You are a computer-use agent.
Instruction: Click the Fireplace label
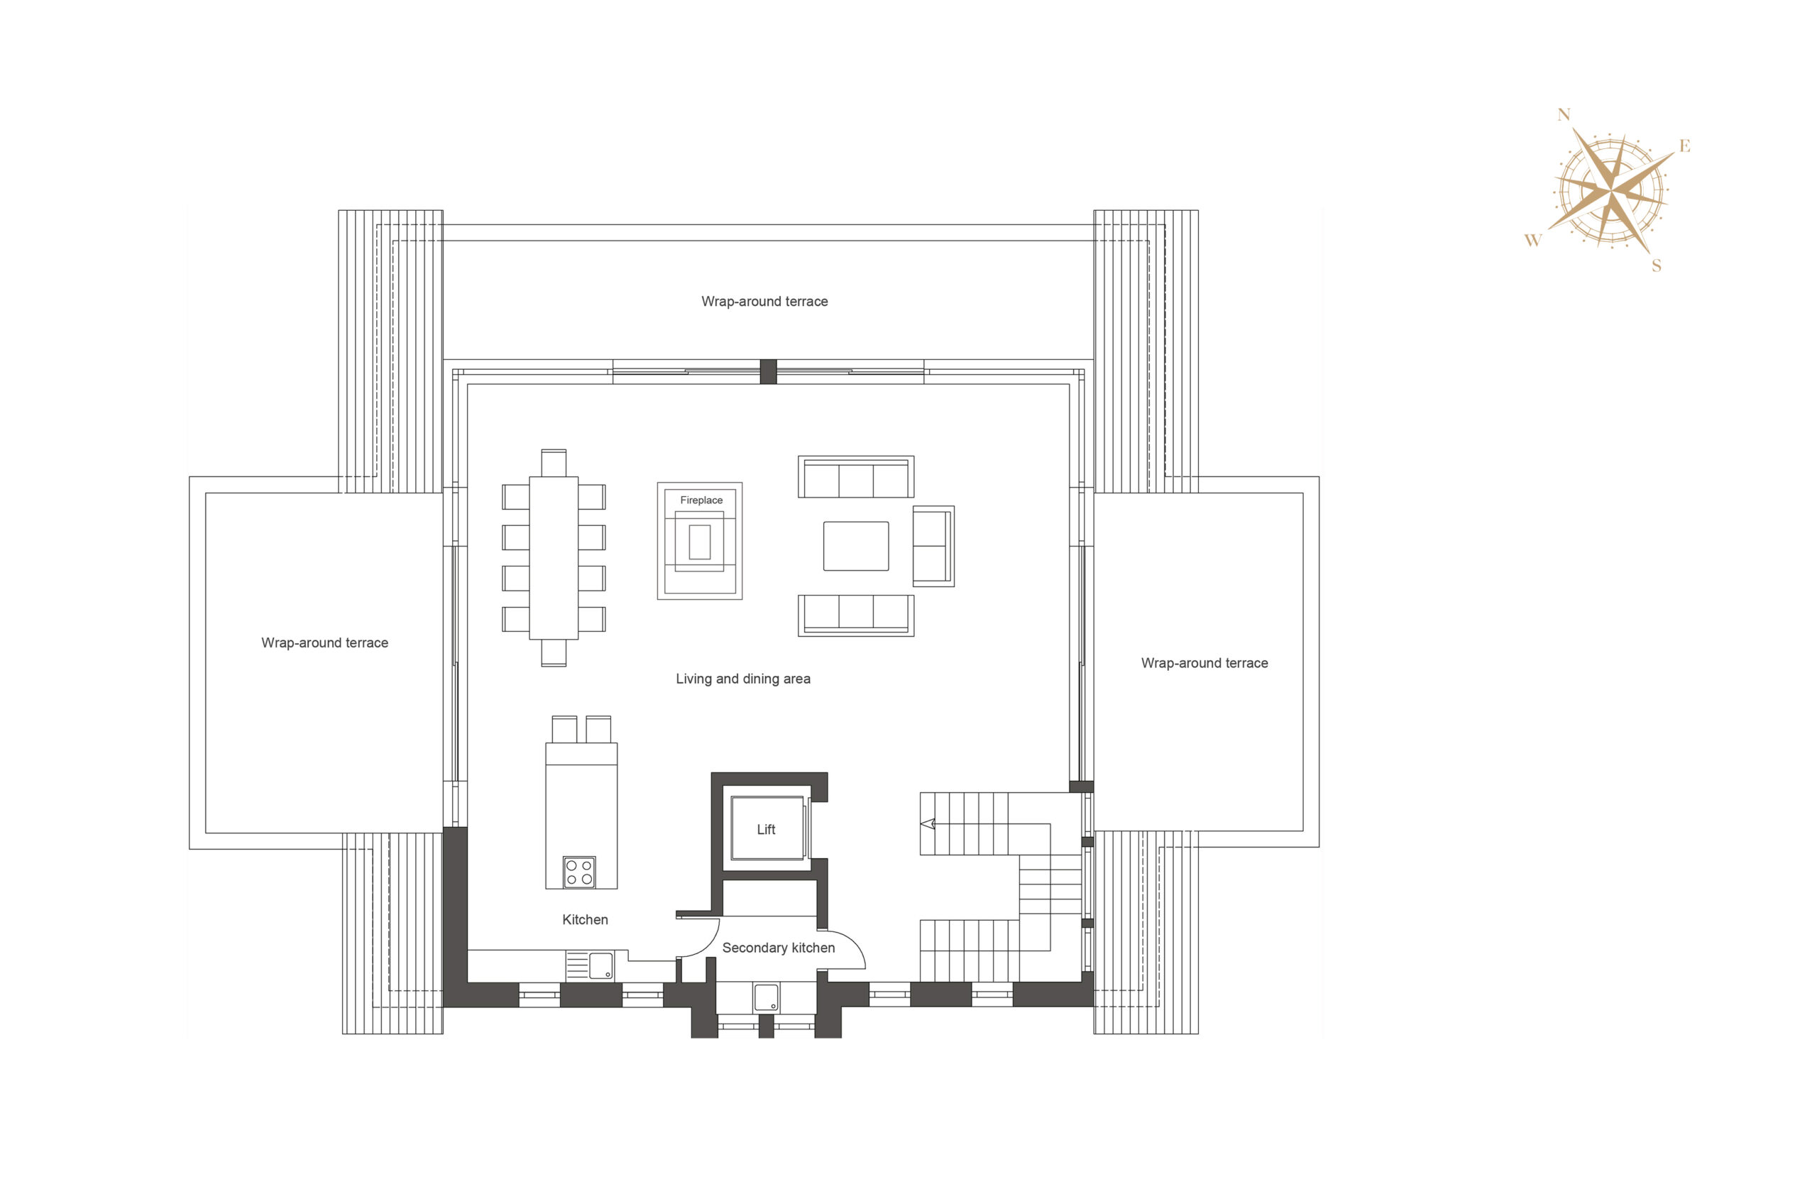[x=701, y=500]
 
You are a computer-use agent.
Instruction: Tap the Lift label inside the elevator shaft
[x=766, y=829]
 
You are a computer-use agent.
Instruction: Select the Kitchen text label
[x=585, y=919]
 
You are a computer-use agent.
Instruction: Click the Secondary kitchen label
[x=778, y=948]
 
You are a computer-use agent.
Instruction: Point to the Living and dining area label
[x=743, y=679]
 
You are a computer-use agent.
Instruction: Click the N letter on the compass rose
[x=1564, y=114]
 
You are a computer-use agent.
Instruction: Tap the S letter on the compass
[x=1656, y=265]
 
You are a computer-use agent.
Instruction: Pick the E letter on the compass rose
[x=1685, y=146]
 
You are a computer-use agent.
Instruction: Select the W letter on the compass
[x=1533, y=241]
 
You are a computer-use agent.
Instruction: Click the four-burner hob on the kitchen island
[x=579, y=872]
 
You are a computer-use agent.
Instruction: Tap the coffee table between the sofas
[x=856, y=546]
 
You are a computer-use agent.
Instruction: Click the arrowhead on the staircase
[x=928, y=824]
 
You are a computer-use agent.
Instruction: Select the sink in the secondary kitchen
[x=767, y=997]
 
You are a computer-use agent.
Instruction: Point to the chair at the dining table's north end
[x=554, y=463]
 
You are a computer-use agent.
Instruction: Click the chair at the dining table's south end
[x=554, y=653]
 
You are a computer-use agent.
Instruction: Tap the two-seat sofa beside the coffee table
[x=933, y=546]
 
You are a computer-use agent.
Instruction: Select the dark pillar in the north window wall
[x=768, y=372]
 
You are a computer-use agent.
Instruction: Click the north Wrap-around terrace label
[x=764, y=302]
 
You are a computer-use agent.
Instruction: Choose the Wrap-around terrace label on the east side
[x=1204, y=664]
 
